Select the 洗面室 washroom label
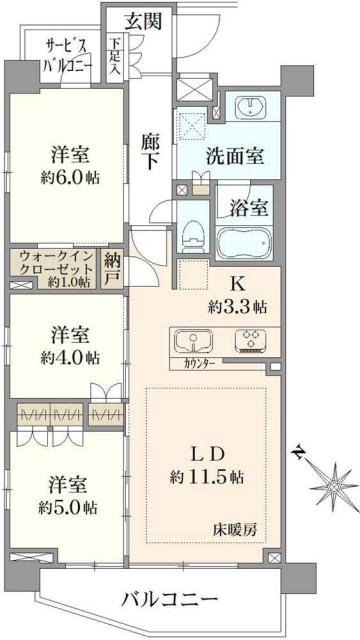coord(236,156)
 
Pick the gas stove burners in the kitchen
coord(249,340)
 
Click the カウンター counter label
coord(198,365)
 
